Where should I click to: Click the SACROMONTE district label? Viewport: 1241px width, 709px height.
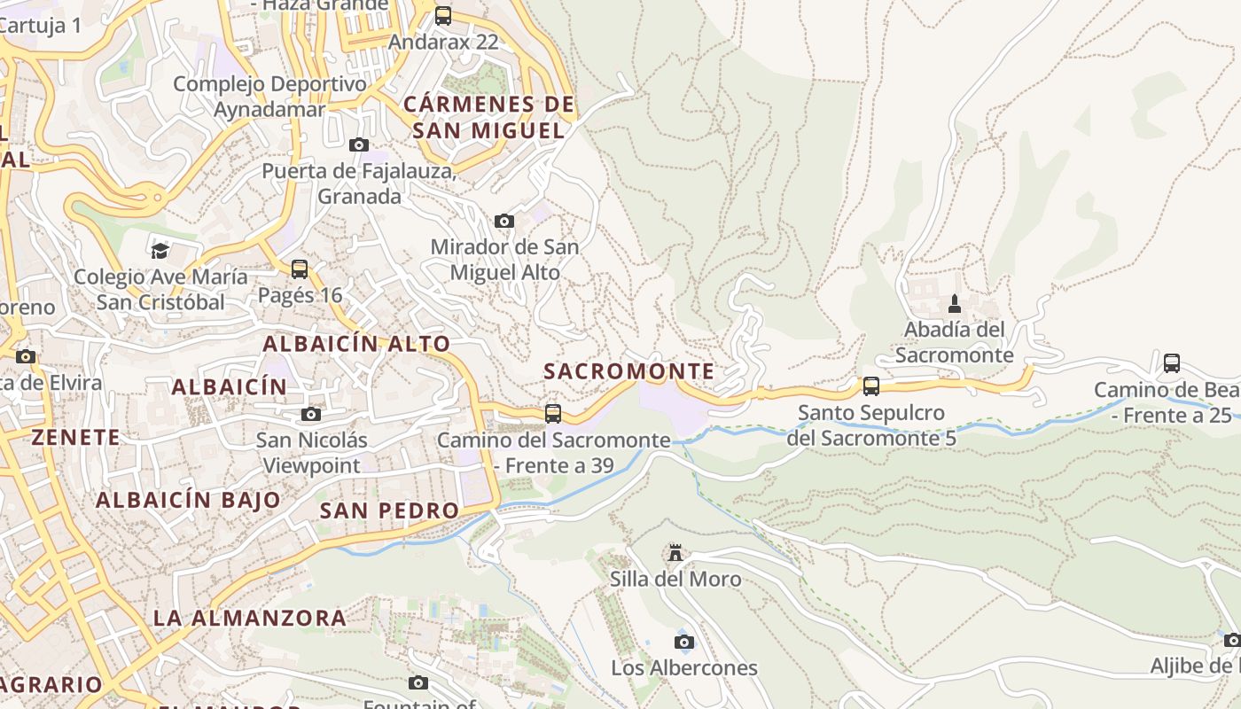click(628, 371)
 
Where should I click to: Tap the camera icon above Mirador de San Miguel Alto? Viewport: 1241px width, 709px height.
click(503, 221)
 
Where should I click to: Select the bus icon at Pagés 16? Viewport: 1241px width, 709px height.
click(300, 269)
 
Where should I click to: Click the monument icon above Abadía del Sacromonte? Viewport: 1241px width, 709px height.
click(954, 304)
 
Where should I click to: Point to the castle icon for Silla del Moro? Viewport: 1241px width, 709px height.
click(675, 553)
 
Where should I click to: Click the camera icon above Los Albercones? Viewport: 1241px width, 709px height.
click(683, 642)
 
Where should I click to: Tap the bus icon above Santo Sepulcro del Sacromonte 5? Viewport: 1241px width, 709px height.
click(870, 386)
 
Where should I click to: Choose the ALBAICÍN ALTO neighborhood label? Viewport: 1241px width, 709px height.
click(356, 344)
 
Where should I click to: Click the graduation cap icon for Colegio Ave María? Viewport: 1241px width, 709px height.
click(160, 251)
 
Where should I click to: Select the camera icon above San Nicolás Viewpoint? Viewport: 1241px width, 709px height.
click(310, 414)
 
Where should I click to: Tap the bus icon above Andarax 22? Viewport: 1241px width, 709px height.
click(443, 15)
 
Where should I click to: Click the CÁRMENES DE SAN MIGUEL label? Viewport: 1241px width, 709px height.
click(489, 118)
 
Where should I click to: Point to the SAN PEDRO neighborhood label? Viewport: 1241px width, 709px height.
click(389, 510)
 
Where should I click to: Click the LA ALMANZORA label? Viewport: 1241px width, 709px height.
click(250, 618)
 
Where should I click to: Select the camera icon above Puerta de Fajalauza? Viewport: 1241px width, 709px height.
click(359, 144)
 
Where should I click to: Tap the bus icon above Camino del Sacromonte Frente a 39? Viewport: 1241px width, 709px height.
click(553, 413)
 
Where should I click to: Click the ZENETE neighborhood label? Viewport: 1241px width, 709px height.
click(75, 437)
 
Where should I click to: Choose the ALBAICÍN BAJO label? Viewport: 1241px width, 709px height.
click(188, 500)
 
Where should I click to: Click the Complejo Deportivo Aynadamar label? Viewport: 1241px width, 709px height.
click(269, 97)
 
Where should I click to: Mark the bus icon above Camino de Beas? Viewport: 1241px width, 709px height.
click(1172, 362)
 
